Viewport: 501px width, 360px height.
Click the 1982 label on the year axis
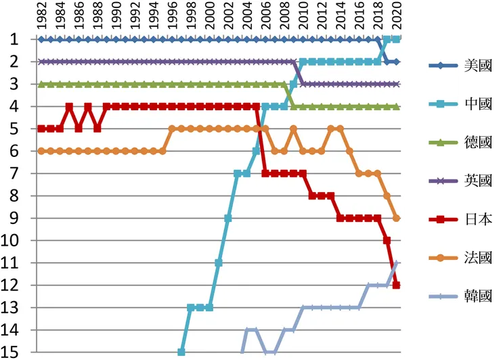(x=41, y=17)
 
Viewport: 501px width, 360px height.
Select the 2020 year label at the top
(x=397, y=17)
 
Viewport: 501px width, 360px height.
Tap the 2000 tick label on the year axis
(x=209, y=17)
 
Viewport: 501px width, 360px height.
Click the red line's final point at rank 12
(x=397, y=285)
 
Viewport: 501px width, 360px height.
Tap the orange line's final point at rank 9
(x=397, y=218)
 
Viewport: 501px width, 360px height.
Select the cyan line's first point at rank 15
(x=181, y=352)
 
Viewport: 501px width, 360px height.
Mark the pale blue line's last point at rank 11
(x=397, y=263)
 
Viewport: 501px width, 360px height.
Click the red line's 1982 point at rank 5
(x=41, y=129)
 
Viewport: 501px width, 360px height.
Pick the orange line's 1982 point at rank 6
(x=41, y=151)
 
